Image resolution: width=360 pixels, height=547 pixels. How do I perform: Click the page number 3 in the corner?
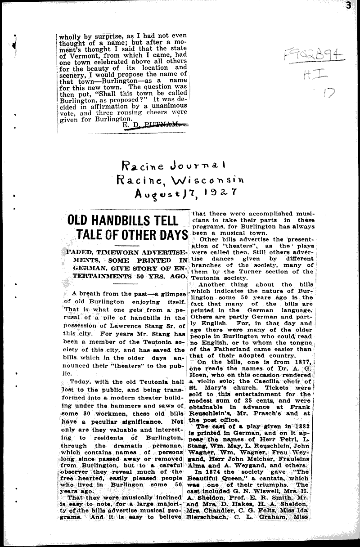[355, 5]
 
